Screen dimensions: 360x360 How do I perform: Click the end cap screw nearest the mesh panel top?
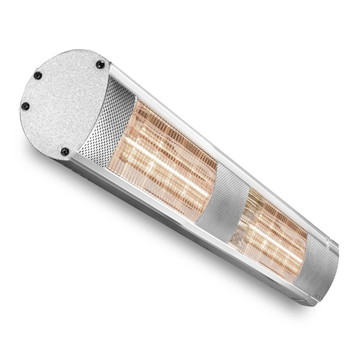click(100, 64)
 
